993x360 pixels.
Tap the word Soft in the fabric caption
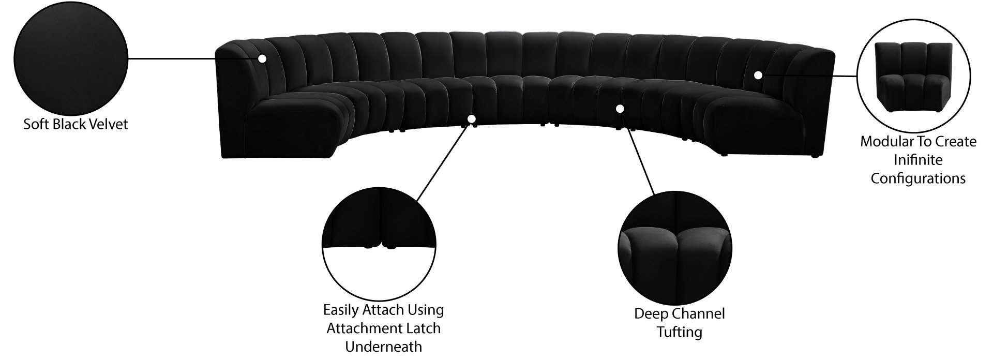(35, 125)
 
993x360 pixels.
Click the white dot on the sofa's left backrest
(262, 58)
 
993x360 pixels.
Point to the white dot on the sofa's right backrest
(758, 75)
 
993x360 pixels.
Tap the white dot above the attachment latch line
(471, 118)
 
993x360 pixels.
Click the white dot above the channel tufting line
(620, 109)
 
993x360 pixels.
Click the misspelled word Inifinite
(919, 160)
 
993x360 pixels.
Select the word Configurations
(918, 178)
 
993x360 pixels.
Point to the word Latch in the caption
(425, 328)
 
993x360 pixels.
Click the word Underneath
(384, 346)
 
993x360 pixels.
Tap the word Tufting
(680, 332)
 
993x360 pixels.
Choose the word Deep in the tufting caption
(649, 313)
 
